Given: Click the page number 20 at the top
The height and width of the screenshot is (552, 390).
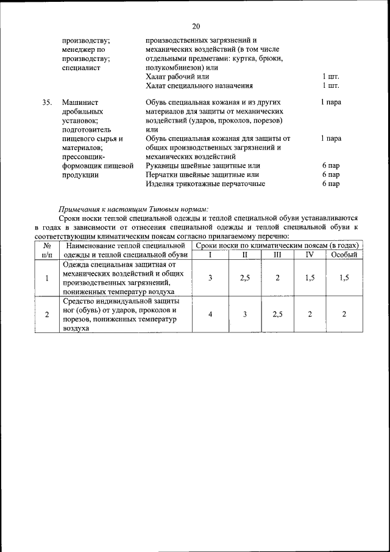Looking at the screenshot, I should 196,26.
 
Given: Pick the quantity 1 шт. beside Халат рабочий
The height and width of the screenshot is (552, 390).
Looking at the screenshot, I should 330,77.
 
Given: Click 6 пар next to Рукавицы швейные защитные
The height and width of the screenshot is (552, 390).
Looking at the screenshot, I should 331,165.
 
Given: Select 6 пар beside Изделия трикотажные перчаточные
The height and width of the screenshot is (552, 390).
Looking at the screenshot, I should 331,183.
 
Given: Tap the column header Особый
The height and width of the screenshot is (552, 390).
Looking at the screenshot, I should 344,255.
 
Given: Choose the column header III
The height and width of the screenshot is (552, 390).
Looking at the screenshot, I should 277,255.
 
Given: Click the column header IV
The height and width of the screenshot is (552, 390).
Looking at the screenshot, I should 310,255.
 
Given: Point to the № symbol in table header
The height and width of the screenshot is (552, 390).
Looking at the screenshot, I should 47,246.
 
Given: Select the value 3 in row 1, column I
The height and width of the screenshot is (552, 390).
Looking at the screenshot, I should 210,278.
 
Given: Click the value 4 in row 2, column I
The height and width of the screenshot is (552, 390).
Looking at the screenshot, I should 210,314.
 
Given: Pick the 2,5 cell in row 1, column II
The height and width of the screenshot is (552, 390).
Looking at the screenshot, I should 244,278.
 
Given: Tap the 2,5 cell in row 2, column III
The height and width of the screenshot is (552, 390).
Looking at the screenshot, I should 277,314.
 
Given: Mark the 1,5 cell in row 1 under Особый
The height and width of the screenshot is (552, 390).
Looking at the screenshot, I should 344,278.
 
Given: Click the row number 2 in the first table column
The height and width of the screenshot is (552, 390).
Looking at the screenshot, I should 47,314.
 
